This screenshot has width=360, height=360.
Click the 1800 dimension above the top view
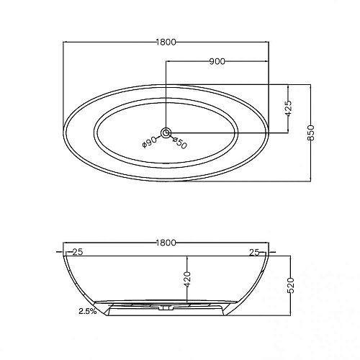click(x=166, y=42)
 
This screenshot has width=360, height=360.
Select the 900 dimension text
click(x=217, y=61)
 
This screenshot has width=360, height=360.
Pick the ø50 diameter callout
click(x=180, y=143)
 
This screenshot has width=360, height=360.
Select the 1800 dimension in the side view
click(x=166, y=243)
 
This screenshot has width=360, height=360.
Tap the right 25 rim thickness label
click(x=253, y=252)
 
